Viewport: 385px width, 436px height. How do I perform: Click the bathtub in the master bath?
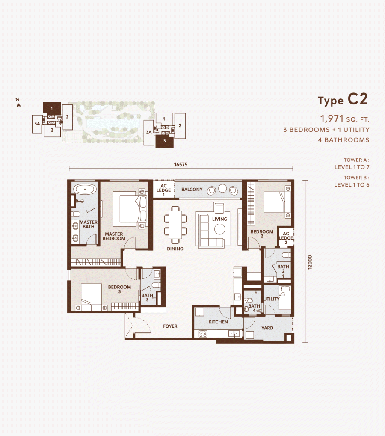(x=85, y=190)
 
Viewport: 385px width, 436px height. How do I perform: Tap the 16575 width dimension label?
(x=181, y=165)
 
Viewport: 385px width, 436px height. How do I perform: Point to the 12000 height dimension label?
(x=310, y=262)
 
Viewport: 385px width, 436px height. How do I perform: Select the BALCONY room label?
(x=192, y=190)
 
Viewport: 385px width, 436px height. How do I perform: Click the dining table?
(x=175, y=225)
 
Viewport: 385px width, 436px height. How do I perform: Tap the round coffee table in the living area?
(x=219, y=229)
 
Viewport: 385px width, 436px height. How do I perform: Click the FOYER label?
(x=170, y=326)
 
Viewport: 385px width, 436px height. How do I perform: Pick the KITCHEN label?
(x=218, y=322)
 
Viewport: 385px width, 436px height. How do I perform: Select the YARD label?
(x=267, y=328)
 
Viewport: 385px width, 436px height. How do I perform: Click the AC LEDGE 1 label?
(x=163, y=190)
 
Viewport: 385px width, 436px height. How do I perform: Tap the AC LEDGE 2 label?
(x=286, y=238)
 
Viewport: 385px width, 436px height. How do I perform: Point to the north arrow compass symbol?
(x=18, y=103)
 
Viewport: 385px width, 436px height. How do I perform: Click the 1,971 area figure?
(x=332, y=119)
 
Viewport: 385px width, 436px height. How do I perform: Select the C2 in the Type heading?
(x=358, y=99)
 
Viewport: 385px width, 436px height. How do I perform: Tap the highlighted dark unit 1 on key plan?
(x=52, y=108)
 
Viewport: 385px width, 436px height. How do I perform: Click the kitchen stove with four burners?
(x=203, y=333)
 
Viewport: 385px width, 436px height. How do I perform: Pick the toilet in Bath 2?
(x=286, y=255)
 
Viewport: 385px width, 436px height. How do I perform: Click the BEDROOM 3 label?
(x=119, y=289)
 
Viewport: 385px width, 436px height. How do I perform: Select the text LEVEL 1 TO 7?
(x=352, y=167)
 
